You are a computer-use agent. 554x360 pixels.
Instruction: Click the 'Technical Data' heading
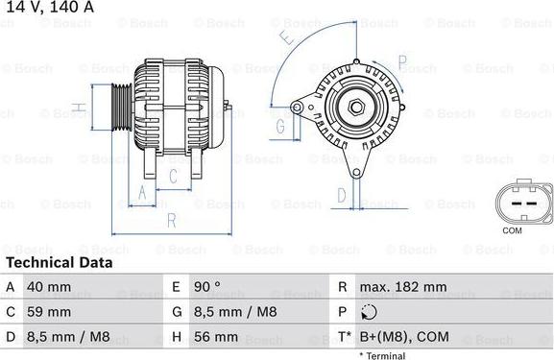59,262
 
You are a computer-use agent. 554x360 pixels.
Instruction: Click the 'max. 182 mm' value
402,287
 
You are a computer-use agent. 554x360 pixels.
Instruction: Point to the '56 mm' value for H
218,337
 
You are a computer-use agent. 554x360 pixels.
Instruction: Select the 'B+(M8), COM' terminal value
404,337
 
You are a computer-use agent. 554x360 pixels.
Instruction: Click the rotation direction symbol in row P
369,312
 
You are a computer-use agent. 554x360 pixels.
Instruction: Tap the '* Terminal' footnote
382,355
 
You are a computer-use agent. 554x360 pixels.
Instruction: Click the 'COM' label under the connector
512,231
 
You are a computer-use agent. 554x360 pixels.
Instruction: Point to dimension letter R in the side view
171,220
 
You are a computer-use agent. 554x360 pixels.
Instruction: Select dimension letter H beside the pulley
83,107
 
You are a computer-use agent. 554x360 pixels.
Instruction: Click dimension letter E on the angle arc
287,39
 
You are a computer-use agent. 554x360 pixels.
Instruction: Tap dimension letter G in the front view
280,126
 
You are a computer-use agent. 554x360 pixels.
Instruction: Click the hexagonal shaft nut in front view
356,107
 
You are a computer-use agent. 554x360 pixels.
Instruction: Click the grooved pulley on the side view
121,107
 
